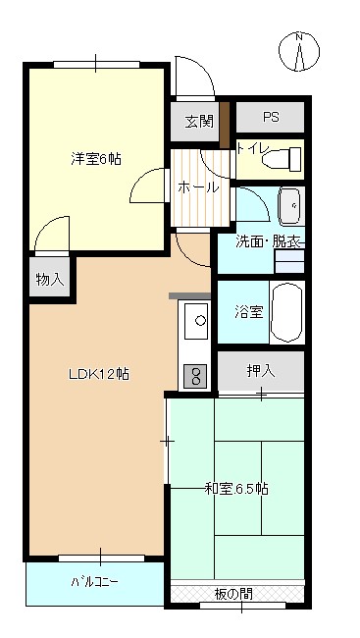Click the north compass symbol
click(300, 51)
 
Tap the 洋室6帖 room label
click(95, 158)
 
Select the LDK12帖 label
click(99, 374)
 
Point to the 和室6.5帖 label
click(236, 488)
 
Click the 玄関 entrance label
click(199, 122)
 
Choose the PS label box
click(271, 117)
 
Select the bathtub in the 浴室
click(287, 312)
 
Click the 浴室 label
click(248, 313)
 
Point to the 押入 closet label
click(260, 371)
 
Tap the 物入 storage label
click(49, 280)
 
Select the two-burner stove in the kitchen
click(194, 375)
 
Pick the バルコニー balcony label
click(94, 582)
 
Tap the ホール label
click(197, 187)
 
